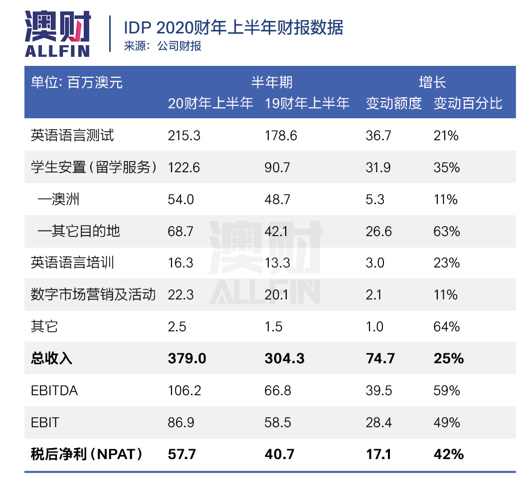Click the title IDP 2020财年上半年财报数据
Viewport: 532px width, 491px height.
[x=233, y=27]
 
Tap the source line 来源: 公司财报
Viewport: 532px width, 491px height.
[x=163, y=46]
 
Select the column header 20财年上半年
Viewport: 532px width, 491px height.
[x=210, y=103]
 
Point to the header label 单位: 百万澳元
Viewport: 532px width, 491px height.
[x=77, y=82]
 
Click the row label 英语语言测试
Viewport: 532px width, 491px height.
[x=72, y=135]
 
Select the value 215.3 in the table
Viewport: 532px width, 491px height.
[x=184, y=135]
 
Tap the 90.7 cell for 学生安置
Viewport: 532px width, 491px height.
[x=278, y=167]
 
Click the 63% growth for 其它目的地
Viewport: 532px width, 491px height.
[x=446, y=231]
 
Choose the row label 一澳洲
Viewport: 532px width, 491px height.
[x=58, y=199]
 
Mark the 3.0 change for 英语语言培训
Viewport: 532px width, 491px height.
[x=375, y=263]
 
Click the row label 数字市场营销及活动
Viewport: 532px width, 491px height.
[x=93, y=295]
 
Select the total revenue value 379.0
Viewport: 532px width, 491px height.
[x=187, y=358]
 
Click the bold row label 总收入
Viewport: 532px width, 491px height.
[x=51, y=358]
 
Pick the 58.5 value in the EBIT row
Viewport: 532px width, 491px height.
[x=278, y=422]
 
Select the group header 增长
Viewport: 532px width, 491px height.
[x=432, y=82]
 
